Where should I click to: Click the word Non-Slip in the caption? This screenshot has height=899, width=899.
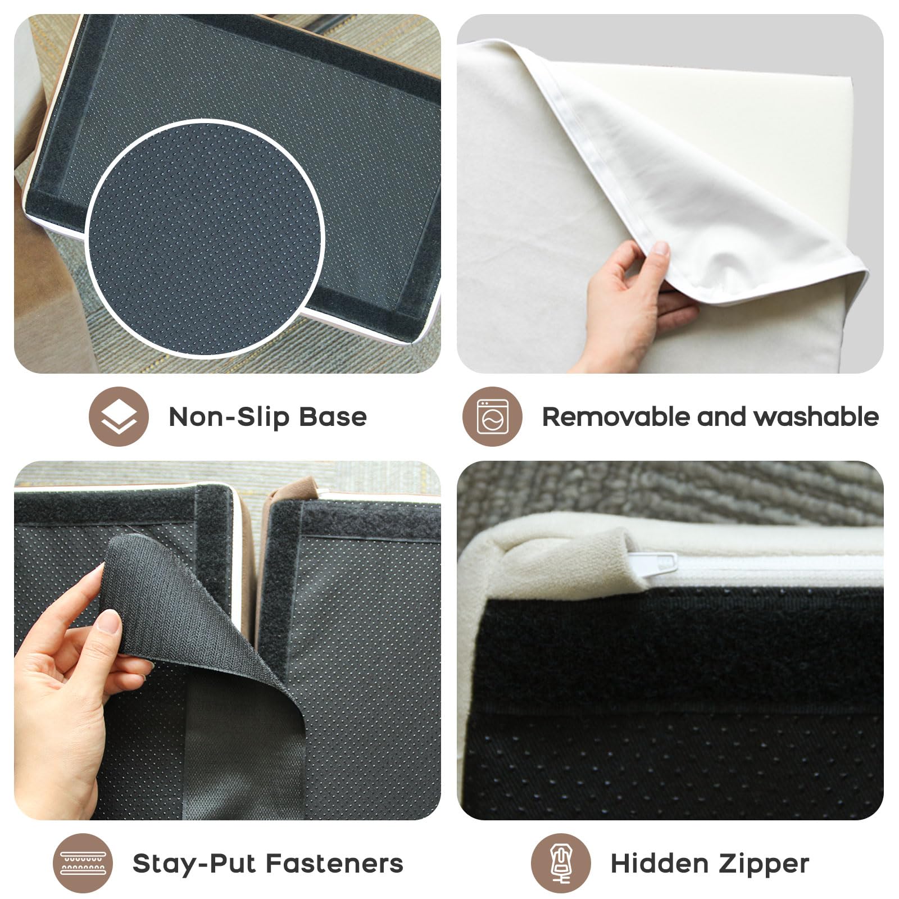pos(229,417)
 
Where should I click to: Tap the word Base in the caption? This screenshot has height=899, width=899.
pos(333,417)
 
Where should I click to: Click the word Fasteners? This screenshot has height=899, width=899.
pos(334,864)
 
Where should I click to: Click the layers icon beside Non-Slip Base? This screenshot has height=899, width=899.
pos(119,417)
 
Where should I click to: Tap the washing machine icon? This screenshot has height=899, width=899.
pos(492,417)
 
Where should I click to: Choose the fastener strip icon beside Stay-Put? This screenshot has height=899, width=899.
pos(83,864)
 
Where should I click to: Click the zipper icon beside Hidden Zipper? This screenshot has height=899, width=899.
pos(561,864)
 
